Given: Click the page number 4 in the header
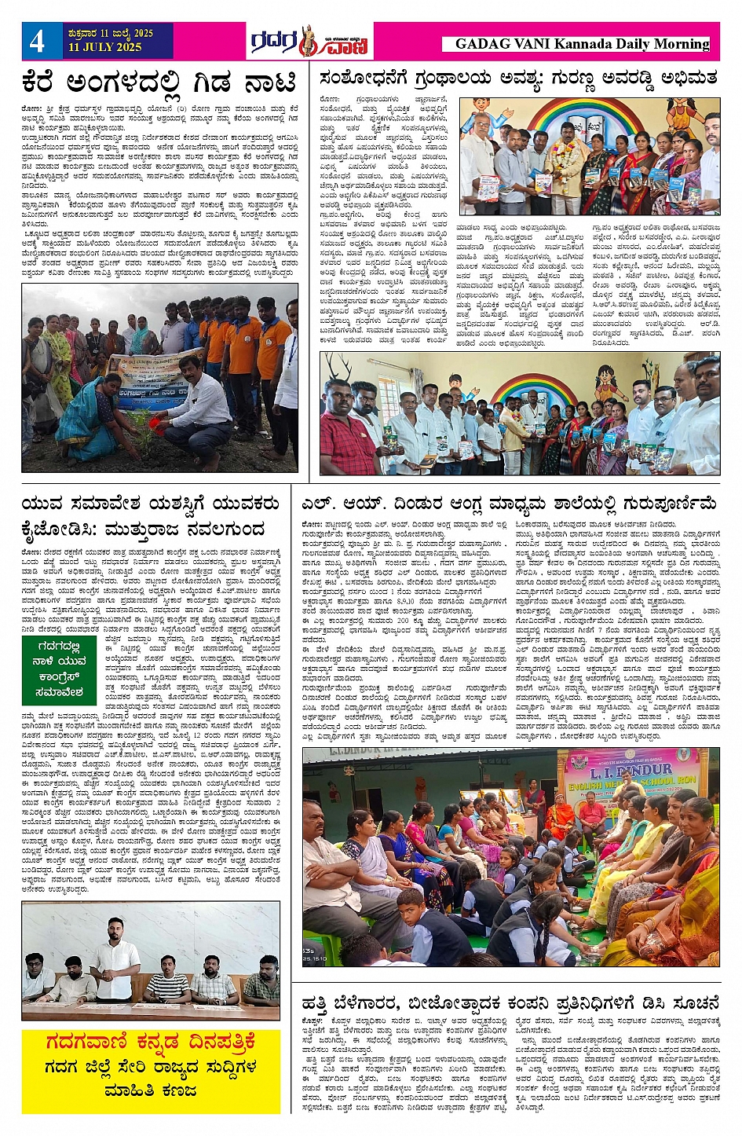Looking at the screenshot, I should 37,41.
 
